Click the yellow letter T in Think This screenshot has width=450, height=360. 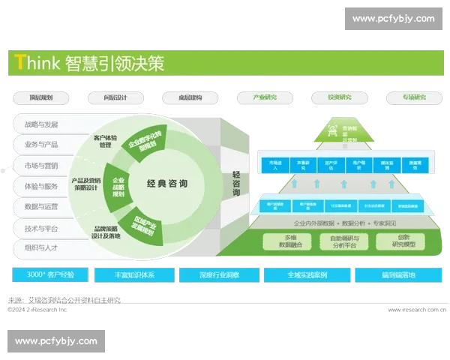[x=19, y=64]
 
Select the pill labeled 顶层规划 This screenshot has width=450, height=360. [x=40, y=97]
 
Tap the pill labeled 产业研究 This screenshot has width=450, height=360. [x=265, y=97]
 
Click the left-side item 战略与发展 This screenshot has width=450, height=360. [x=42, y=124]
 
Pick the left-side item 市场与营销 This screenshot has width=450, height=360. [x=42, y=165]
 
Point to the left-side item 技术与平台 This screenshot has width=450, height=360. [x=42, y=228]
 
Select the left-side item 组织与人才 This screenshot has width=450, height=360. [x=42, y=247]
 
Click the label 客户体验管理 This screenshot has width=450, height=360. [x=107, y=142]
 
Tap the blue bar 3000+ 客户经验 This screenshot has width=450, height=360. [x=50, y=274]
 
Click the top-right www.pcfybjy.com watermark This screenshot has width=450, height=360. [x=393, y=19]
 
